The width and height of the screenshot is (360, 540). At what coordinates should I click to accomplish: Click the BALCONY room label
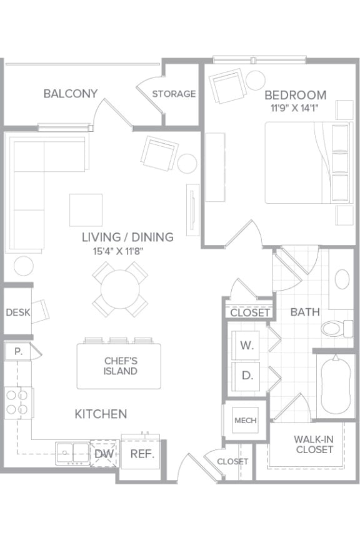[x=71, y=94]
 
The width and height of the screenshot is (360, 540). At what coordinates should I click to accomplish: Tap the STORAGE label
[x=174, y=94]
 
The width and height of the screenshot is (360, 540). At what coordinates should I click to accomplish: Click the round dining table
[x=120, y=289]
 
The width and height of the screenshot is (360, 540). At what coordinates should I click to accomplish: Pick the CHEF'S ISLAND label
[x=120, y=366]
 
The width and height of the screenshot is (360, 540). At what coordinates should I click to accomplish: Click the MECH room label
[x=245, y=421]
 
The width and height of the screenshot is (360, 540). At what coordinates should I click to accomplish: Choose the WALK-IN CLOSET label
[x=314, y=444]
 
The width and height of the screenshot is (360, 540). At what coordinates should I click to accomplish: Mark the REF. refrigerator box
[x=142, y=454]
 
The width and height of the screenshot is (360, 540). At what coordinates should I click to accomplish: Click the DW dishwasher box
[x=104, y=453]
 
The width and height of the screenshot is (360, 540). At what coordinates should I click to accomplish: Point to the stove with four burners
[x=18, y=402]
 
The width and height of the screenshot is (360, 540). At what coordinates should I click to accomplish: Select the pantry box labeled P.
[x=19, y=352]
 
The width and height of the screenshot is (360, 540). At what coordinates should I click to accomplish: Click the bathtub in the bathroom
[x=336, y=386]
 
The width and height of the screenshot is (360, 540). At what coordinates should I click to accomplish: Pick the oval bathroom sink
[x=342, y=279]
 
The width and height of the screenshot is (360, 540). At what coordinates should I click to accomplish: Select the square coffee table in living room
[x=86, y=210]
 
